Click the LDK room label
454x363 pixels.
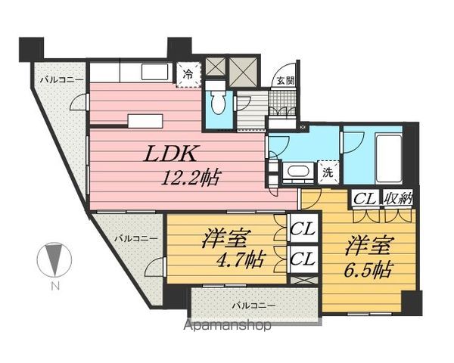tap(172, 155)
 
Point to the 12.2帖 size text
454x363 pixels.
tap(190, 180)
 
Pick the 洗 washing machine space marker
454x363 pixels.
tap(328, 172)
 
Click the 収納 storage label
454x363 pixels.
tap(398, 200)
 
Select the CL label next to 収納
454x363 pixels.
tap(365, 200)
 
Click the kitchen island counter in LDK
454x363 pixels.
tap(145, 121)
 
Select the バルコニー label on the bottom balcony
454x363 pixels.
tap(253, 306)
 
